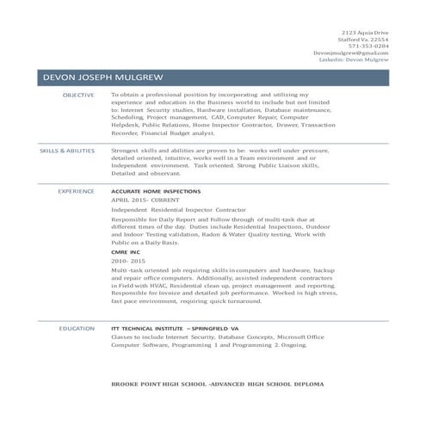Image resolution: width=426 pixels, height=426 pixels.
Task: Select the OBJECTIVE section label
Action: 78,95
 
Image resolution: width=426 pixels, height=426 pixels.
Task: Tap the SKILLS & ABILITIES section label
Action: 67,151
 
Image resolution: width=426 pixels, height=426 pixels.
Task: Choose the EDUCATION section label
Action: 77,329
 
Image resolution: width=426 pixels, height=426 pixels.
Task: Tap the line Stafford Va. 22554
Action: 365,40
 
